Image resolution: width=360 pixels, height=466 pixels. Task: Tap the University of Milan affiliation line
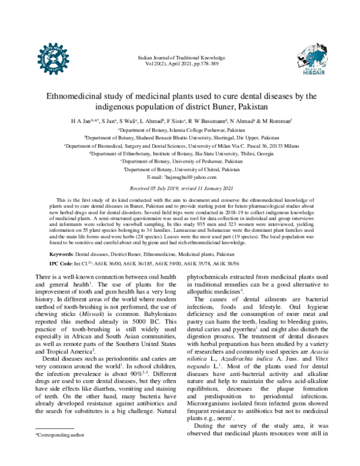click(x=180, y=145)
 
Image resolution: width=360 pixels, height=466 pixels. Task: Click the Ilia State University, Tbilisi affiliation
click(x=180, y=154)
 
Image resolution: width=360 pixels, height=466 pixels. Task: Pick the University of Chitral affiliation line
click(x=180, y=170)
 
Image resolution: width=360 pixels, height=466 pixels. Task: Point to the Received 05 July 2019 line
click(x=180, y=189)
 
